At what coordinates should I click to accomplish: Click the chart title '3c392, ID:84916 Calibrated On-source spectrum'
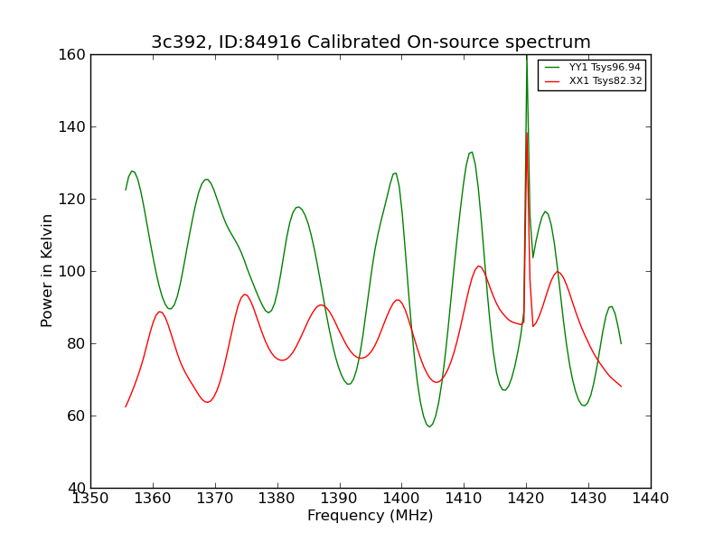coord(371,42)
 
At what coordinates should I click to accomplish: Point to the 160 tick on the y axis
coord(72,54)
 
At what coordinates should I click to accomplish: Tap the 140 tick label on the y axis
coord(72,126)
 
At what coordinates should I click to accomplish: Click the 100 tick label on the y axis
coord(72,272)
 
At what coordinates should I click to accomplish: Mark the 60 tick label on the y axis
coord(77,416)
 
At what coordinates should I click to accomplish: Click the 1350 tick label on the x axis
coord(91,499)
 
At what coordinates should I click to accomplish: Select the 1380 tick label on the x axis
coord(277,499)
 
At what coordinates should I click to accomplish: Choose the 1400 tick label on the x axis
coord(401,499)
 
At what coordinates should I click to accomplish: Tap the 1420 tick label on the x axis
coord(526,499)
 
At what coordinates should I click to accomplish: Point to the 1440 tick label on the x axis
coord(651,499)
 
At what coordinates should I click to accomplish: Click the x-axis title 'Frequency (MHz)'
coord(371,515)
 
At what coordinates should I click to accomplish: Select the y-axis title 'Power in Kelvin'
coord(46,271)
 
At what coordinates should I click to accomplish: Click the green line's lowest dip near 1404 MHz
coord(429,426)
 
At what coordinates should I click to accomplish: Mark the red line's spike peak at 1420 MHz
coord(527,133)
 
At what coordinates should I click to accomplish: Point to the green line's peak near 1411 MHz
coord(471,152)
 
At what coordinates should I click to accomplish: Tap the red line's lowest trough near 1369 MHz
coord(208,402)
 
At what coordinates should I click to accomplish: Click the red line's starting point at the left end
coord(126,406)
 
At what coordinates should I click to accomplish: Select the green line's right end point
coord(621,343)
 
